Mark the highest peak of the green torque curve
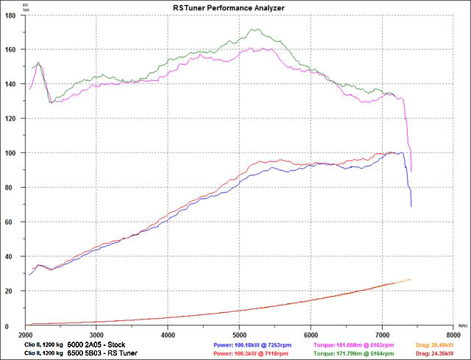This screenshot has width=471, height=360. [x=255, y=29]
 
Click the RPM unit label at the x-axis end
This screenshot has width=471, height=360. [x=461, y=325]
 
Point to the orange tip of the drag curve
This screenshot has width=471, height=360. [x=410, y=279]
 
